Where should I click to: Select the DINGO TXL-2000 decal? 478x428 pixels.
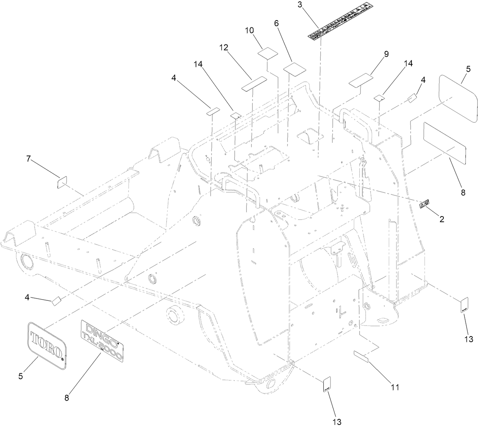(x=102, y=340)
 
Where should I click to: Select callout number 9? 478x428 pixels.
(x=386, y=54)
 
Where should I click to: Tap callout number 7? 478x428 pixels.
(x=28, y=159)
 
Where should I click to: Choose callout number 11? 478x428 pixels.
(x=395, y=387)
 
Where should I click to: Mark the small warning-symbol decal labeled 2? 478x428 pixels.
(x=424, y=204)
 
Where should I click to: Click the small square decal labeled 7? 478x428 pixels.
(x=62, y=183)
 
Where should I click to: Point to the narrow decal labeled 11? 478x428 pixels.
(x=361, y=357)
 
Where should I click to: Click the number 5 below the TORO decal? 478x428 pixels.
(x=21, y=376)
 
